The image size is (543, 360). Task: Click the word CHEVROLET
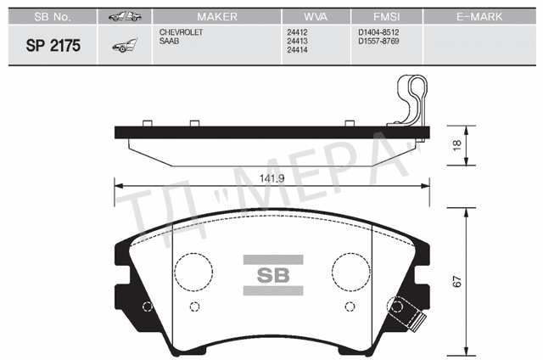(182, 31)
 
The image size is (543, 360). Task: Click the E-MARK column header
(479, 16)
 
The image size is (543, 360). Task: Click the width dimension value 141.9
(271, 179)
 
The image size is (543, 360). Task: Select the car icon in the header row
(123, 16)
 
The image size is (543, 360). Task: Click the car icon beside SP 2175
(123, 48)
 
